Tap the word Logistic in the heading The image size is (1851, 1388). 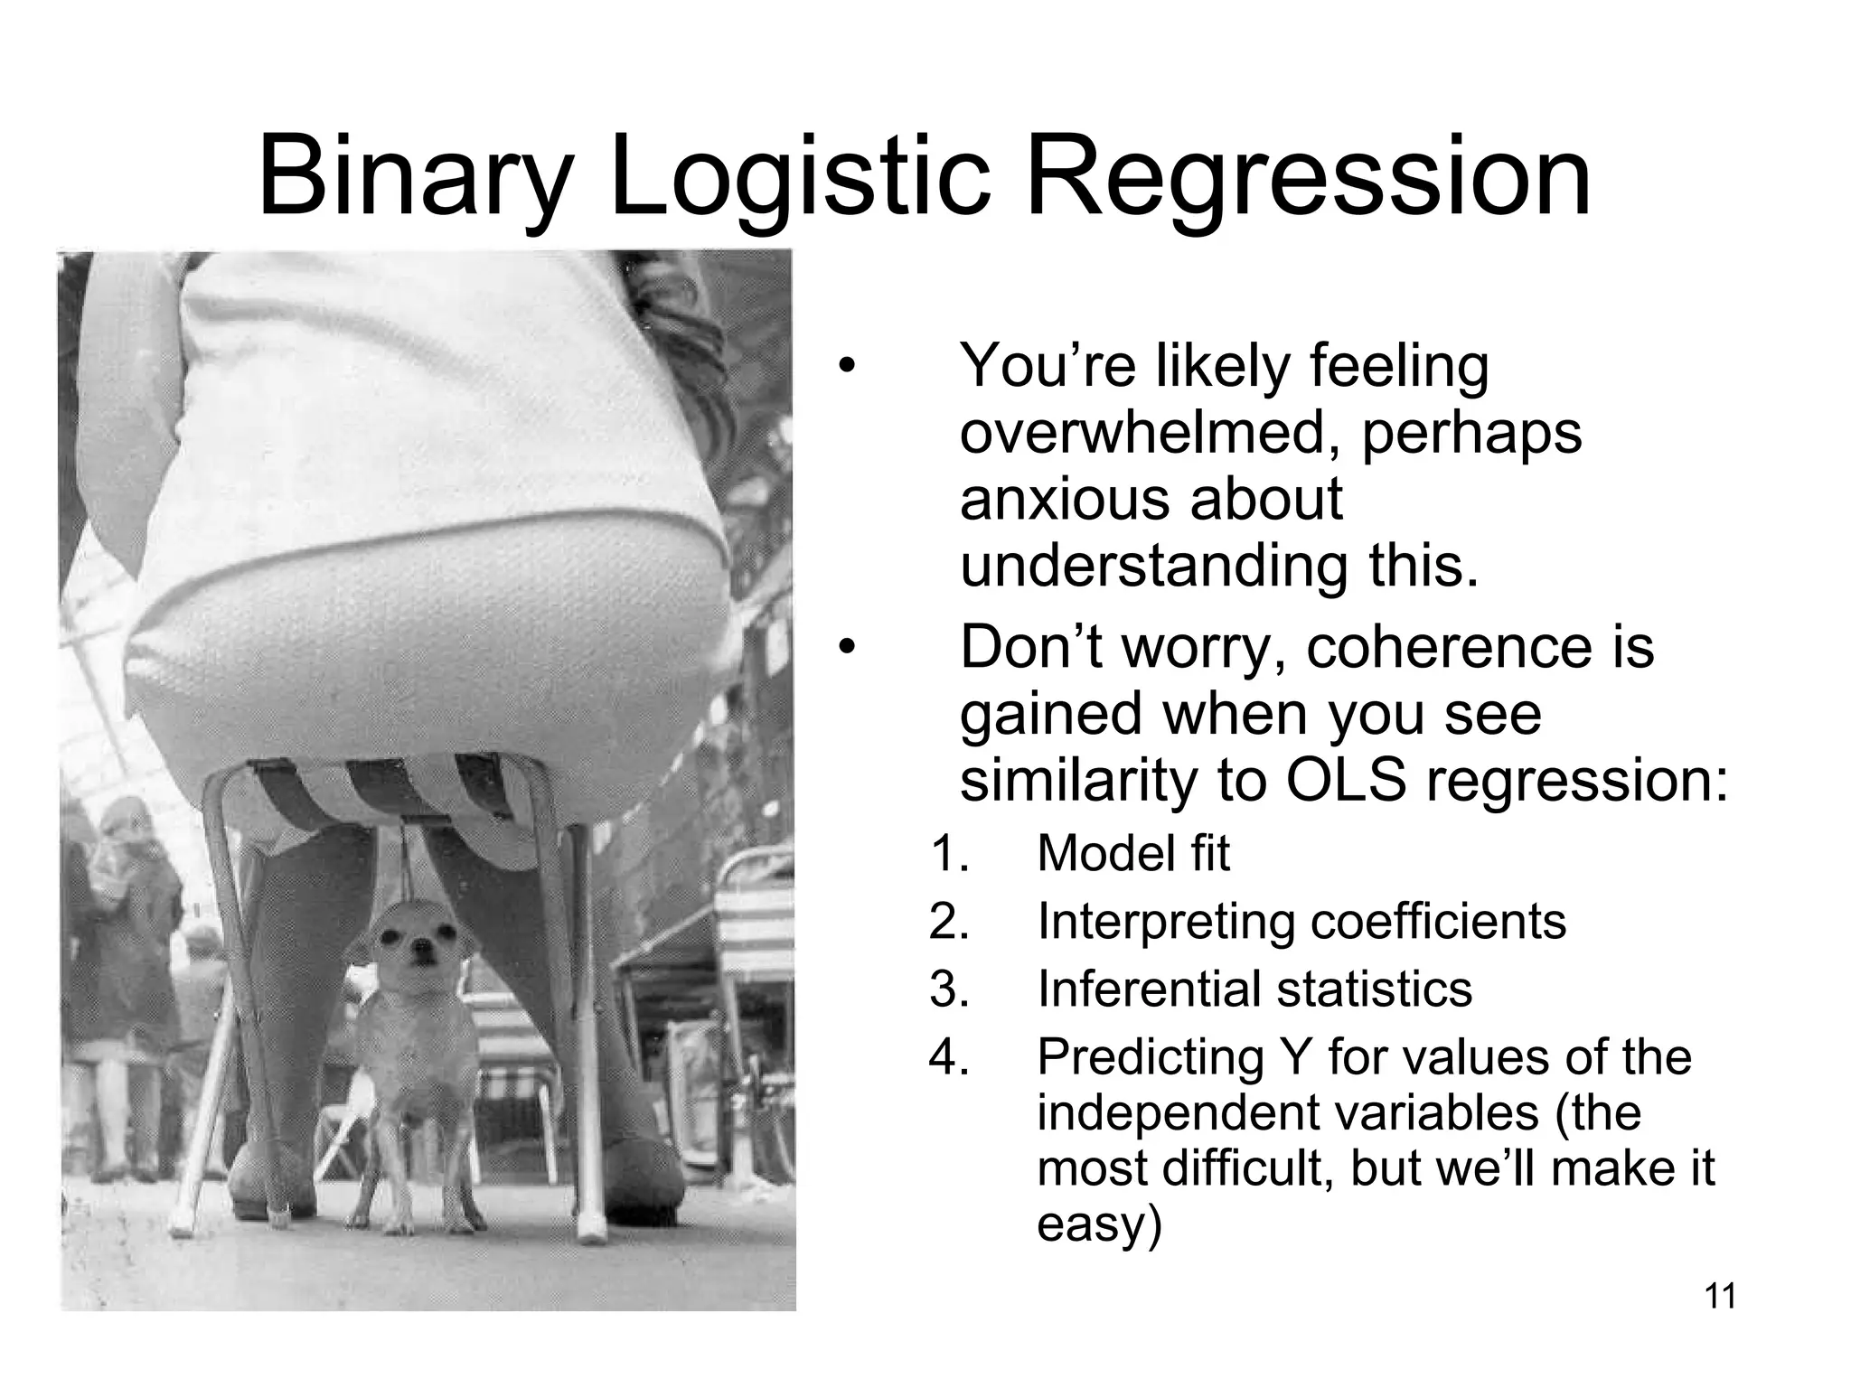pyautogui.click(x=799, y=177)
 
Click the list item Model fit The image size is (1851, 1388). pyautogui.click(x=1132, y=853)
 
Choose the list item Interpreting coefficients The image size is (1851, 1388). pyautogui.click(x=1301, y=921)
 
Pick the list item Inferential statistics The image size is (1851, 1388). pyautogui.click(x=1254, y=989)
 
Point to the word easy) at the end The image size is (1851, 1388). pyautogui.click(x=1097, y=1224)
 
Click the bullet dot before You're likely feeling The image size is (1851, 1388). pyautogui.click(x=845, y=366)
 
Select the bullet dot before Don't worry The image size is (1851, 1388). pyautogui.click(x=845, y=648)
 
